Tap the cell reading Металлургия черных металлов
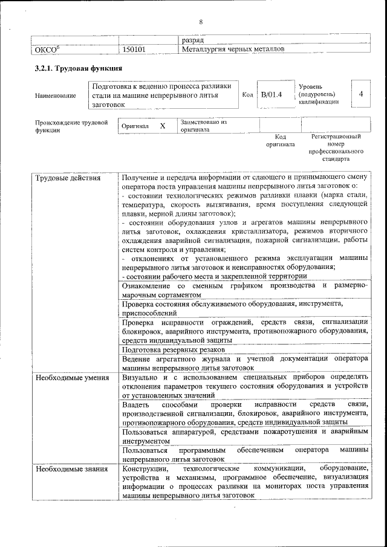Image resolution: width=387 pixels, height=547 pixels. coord(232,49)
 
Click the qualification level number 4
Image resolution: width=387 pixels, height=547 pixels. coord(360,94)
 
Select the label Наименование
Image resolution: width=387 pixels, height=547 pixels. coord(56,95)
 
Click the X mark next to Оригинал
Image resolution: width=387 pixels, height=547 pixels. coord(162,126)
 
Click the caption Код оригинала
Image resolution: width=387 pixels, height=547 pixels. coord(280,141)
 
